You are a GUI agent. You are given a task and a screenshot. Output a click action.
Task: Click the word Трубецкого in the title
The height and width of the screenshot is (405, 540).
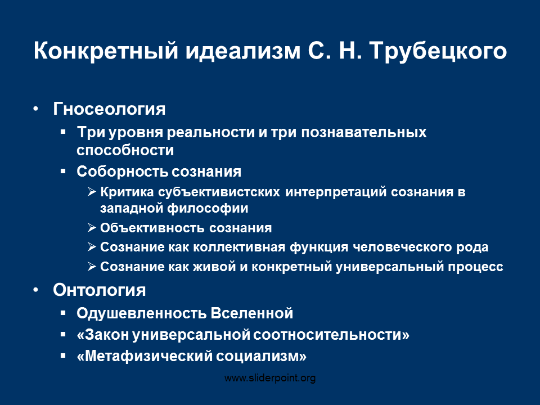438,51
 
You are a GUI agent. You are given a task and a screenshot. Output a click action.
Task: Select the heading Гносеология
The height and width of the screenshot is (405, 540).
109,109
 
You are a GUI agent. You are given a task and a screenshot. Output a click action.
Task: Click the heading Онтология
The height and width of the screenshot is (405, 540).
99,290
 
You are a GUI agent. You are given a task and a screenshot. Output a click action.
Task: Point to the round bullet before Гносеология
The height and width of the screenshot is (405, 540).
35,109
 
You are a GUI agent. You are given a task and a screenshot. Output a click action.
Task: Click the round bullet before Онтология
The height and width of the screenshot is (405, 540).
35,290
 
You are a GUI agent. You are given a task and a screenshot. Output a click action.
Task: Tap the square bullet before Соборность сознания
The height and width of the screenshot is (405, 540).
62,171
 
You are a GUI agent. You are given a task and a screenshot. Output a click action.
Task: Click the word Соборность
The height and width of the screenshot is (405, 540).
122,172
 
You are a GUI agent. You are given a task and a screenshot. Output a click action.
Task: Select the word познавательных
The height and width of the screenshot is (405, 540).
364,132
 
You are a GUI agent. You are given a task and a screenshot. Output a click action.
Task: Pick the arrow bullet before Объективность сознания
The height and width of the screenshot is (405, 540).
92,228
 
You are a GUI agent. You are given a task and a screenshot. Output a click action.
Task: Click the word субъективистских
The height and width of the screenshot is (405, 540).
219,192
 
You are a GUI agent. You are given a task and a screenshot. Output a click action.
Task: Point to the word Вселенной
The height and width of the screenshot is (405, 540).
252,313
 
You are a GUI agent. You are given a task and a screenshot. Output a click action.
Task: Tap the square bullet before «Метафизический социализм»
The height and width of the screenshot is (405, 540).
62,355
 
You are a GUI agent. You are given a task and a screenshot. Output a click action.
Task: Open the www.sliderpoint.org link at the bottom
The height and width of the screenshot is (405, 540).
270,378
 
